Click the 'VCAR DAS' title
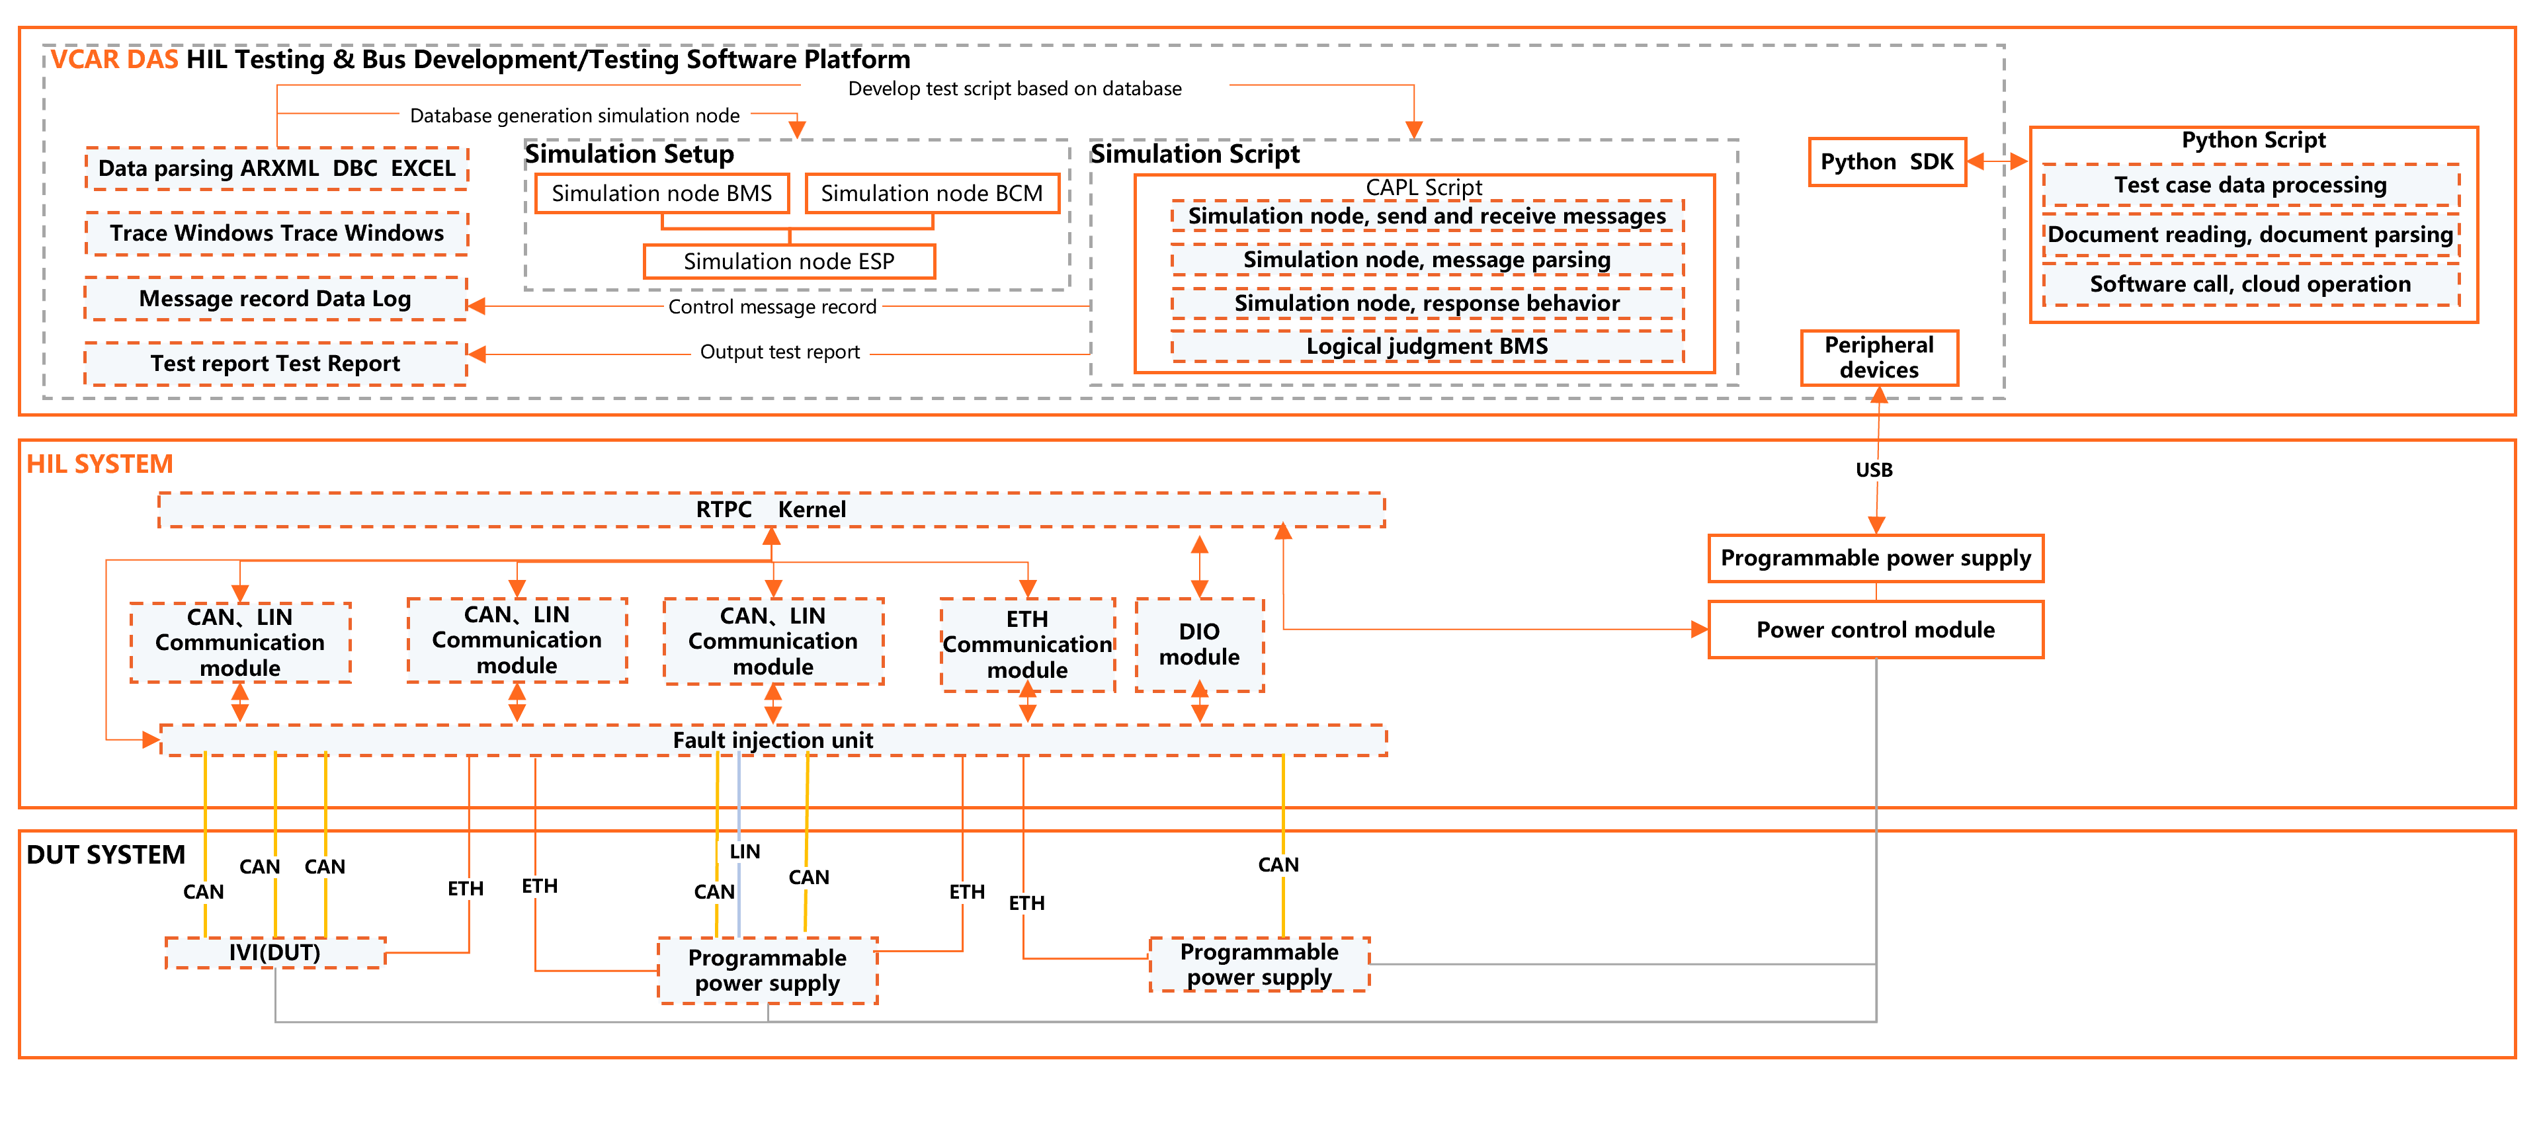[x=114, y=60]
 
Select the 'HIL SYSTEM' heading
[x=100, y=464]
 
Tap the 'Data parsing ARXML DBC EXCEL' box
[x=276, y=169]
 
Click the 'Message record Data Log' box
[x=275, y=298]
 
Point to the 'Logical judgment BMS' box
[x=1427, y=347]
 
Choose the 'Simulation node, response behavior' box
[x=1427, y=303]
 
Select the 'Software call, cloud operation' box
[x=2250, y=284]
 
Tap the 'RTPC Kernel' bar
[x=771, y=509]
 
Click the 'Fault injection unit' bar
[x=773, y=741]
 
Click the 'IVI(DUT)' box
[x=274, y=952]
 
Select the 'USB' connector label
[x=1873, y=470]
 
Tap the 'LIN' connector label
[x=744, y=851]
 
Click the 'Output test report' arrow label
[x=779, y=352]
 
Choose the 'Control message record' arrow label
[x=772, y=307]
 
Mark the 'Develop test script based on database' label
[x=1014, y=89]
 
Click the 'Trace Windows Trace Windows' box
[x=276, y=233]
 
